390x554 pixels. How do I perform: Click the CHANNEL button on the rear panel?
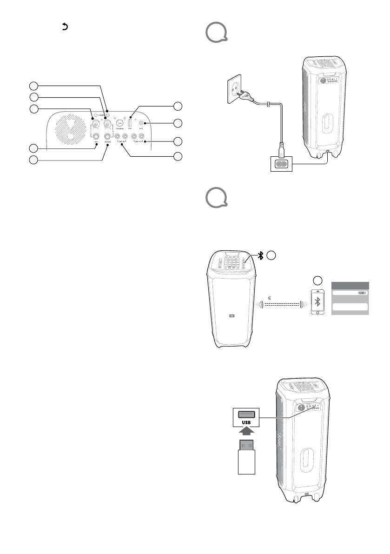point(119,123)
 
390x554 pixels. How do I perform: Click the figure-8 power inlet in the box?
point(282,164)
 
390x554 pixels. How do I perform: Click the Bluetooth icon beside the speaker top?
point(261,255)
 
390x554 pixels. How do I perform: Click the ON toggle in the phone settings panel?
point(363,293)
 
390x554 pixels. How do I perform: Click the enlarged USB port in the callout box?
point(246,414)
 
